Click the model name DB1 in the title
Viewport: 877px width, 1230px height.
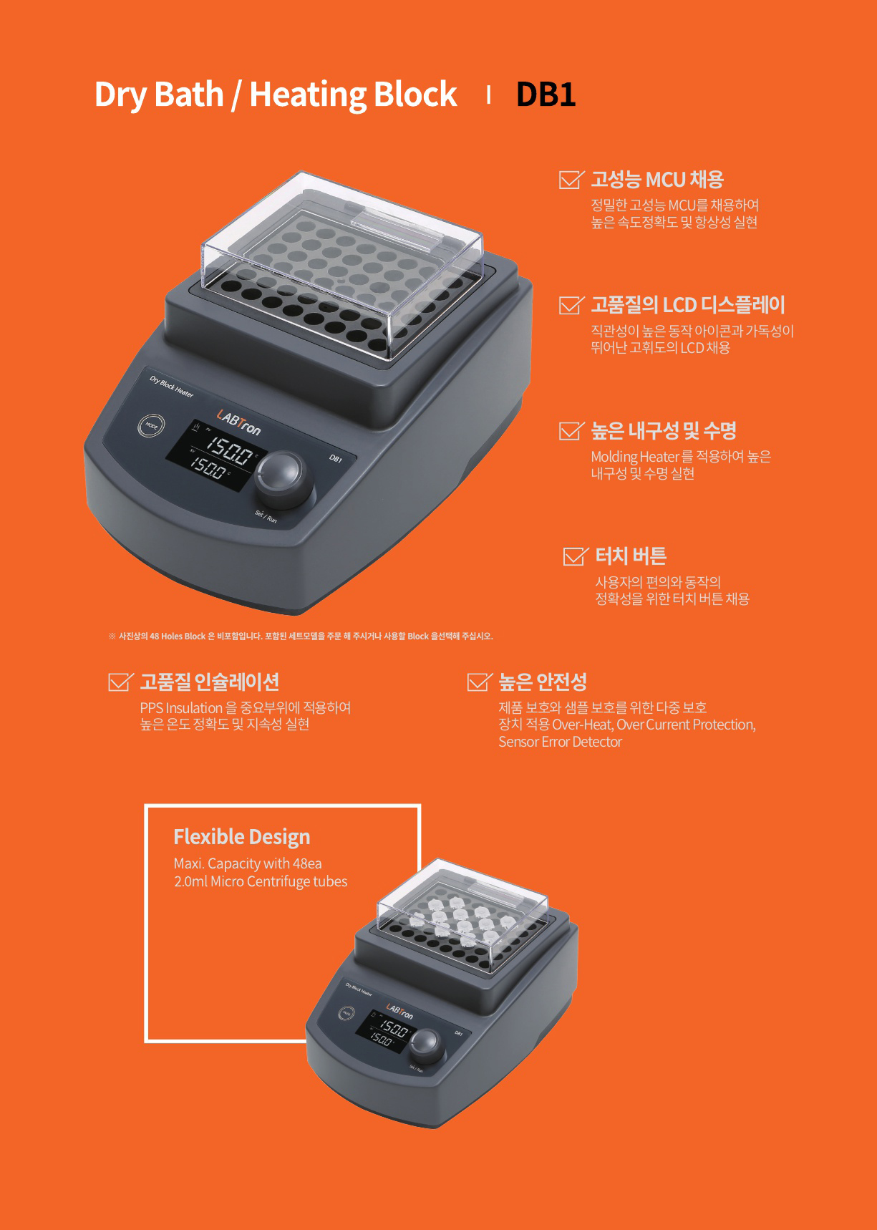click(546, 95)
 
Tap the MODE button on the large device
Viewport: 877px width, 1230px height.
click(151, 425)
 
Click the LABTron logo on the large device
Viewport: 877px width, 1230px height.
click(239, 421)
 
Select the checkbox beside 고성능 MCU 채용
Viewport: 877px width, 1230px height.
click(571, 179)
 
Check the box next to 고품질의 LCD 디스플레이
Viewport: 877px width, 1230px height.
click(571, 305)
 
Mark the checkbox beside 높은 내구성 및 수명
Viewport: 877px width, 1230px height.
click(571, 430)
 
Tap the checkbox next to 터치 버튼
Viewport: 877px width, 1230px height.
click(576, 556)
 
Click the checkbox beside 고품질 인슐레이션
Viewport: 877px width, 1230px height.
click(120, 682)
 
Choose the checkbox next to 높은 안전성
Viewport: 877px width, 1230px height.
click(479, 682)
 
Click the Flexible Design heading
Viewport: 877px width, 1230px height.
click(242, 837)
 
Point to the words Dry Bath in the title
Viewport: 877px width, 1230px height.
click(159, 95)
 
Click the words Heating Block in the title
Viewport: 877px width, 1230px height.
click(353, 95)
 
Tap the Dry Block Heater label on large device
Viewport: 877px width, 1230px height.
click(172, 387)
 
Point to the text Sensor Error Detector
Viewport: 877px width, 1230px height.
click(561, 742)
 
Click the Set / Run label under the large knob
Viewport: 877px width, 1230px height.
click(266, 517)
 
